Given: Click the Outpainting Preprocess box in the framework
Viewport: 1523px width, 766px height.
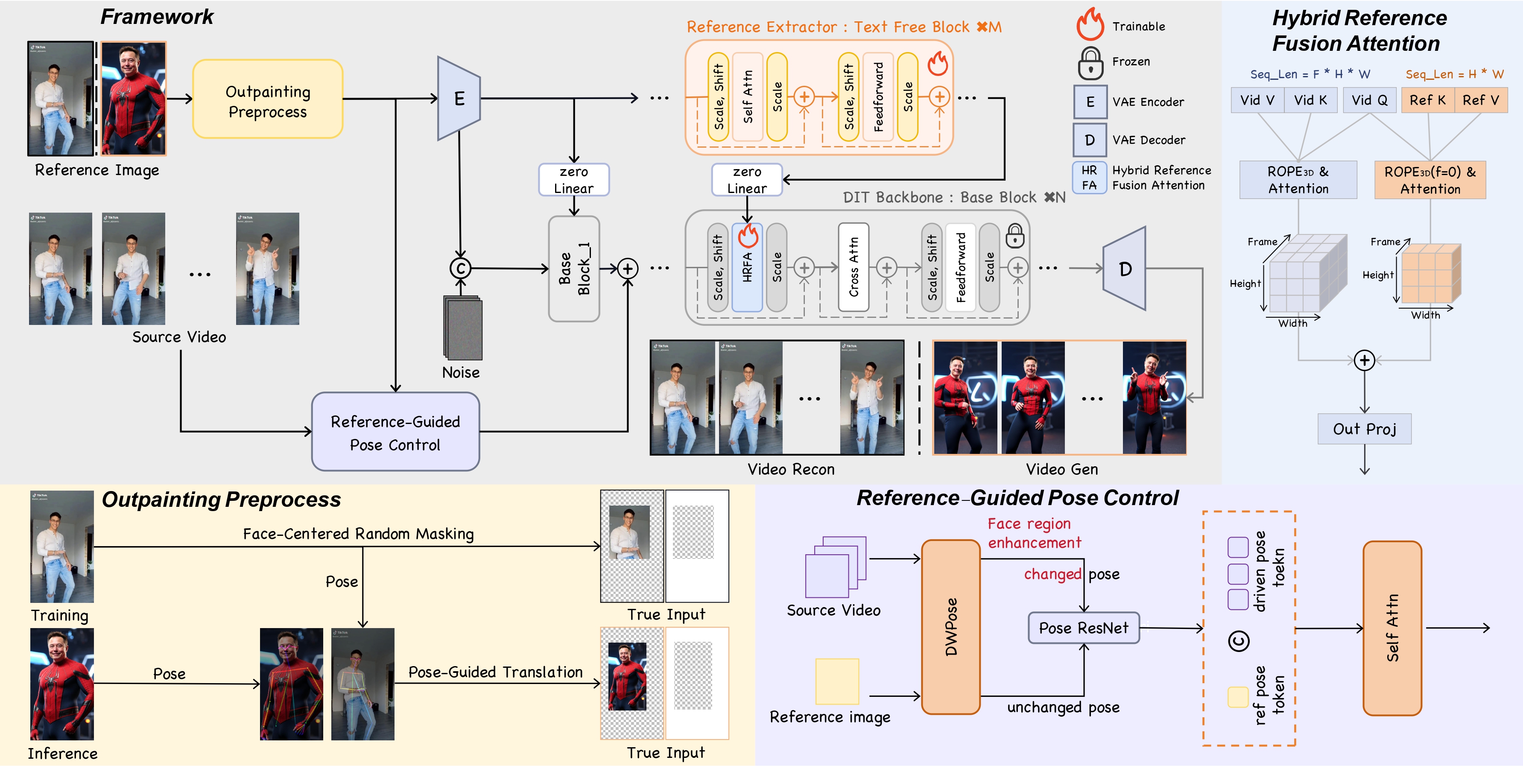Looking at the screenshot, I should point(268,99).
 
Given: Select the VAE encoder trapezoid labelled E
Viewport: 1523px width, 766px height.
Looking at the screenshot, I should point(458,99).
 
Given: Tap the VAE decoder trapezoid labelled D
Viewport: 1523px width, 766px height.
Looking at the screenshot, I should point(1125,269).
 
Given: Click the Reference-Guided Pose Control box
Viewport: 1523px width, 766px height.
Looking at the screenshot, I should point(395,432).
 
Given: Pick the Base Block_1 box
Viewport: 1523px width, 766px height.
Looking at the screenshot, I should point(574,269).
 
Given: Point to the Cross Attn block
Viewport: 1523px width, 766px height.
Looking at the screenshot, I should point(853,267).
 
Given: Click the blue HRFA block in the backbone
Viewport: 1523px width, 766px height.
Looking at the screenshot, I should point(747,269).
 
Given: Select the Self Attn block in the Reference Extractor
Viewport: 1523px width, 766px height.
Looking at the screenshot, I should point(747,97).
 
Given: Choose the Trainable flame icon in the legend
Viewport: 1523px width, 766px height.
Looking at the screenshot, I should point(1090,24).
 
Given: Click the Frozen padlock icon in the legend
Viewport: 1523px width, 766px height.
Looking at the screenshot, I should point(1090,63).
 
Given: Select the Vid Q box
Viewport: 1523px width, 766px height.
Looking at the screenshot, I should point(1369,100).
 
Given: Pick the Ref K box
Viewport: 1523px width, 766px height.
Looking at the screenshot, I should point(1427,100).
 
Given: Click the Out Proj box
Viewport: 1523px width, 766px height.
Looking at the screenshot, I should point(1364,429).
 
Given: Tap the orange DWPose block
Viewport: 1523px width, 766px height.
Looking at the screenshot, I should point(951,626).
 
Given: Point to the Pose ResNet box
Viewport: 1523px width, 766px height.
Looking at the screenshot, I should point(1083,628).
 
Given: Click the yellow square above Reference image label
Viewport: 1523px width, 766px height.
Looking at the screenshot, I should point(836,681).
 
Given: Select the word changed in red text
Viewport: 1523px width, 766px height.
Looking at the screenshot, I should point(1052,574).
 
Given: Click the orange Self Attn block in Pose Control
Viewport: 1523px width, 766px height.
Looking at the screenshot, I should point(1392,628).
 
